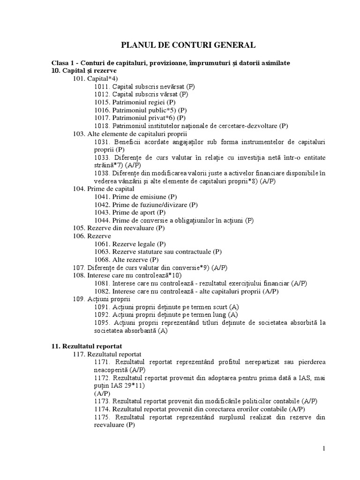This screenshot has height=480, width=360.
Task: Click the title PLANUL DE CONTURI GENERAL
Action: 188,45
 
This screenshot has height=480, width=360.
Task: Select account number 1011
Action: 102,87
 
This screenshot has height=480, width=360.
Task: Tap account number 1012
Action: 102,94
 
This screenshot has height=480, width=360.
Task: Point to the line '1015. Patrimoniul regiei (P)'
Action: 135,102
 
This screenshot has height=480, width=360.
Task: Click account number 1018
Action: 102,126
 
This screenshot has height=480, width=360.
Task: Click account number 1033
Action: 102,157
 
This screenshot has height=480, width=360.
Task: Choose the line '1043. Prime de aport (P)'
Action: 131,212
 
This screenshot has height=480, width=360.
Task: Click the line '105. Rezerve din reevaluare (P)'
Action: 119,228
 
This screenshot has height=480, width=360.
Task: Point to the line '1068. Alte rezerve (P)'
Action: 127,260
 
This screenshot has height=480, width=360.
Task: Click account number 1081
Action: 102,284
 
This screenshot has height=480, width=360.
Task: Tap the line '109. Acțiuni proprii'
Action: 102,299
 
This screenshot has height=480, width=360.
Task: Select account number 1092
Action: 102,315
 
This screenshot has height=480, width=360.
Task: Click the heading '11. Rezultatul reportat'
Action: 87,346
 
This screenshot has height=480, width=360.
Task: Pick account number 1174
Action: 102,409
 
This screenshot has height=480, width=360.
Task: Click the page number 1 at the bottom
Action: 323,449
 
